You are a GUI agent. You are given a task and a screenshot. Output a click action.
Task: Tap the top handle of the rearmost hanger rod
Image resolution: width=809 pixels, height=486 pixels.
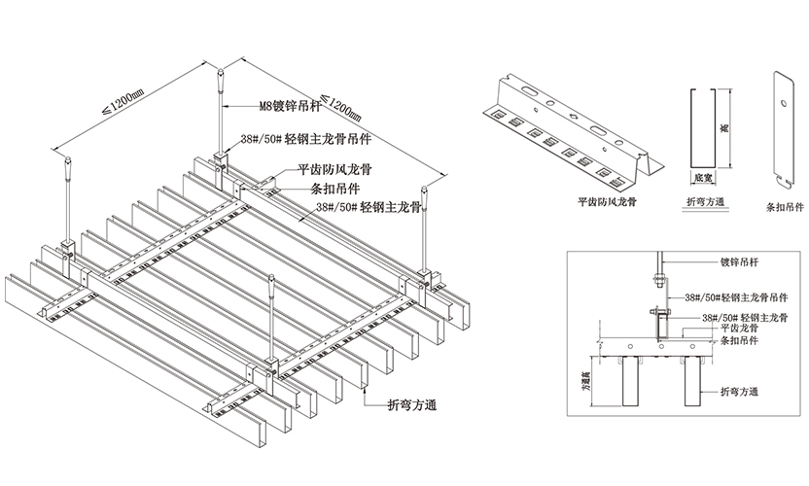tap(222, 76)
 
